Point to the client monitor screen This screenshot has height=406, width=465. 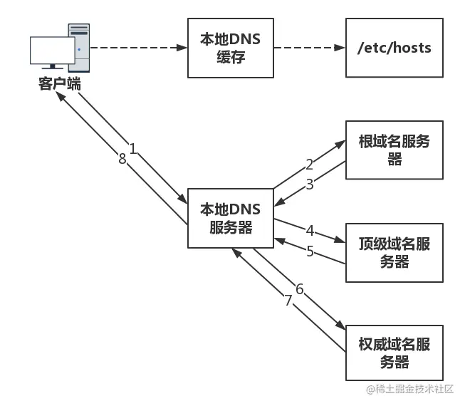(53, 51)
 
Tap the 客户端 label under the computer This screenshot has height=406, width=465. (60, 83)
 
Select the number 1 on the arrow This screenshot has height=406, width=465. (133, 149)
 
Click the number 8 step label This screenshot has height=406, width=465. (122, 159)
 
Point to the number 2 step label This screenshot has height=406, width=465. (309, 165)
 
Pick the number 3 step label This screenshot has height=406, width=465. (309, 184)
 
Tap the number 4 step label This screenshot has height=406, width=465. (310, 231)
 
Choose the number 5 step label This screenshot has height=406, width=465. (310, 251)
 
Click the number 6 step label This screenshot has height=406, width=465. (300, 289)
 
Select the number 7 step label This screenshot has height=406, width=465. (288, 301)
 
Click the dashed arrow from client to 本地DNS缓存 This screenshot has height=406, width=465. (139, 48)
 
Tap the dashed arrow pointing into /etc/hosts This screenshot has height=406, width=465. (310, 48)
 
